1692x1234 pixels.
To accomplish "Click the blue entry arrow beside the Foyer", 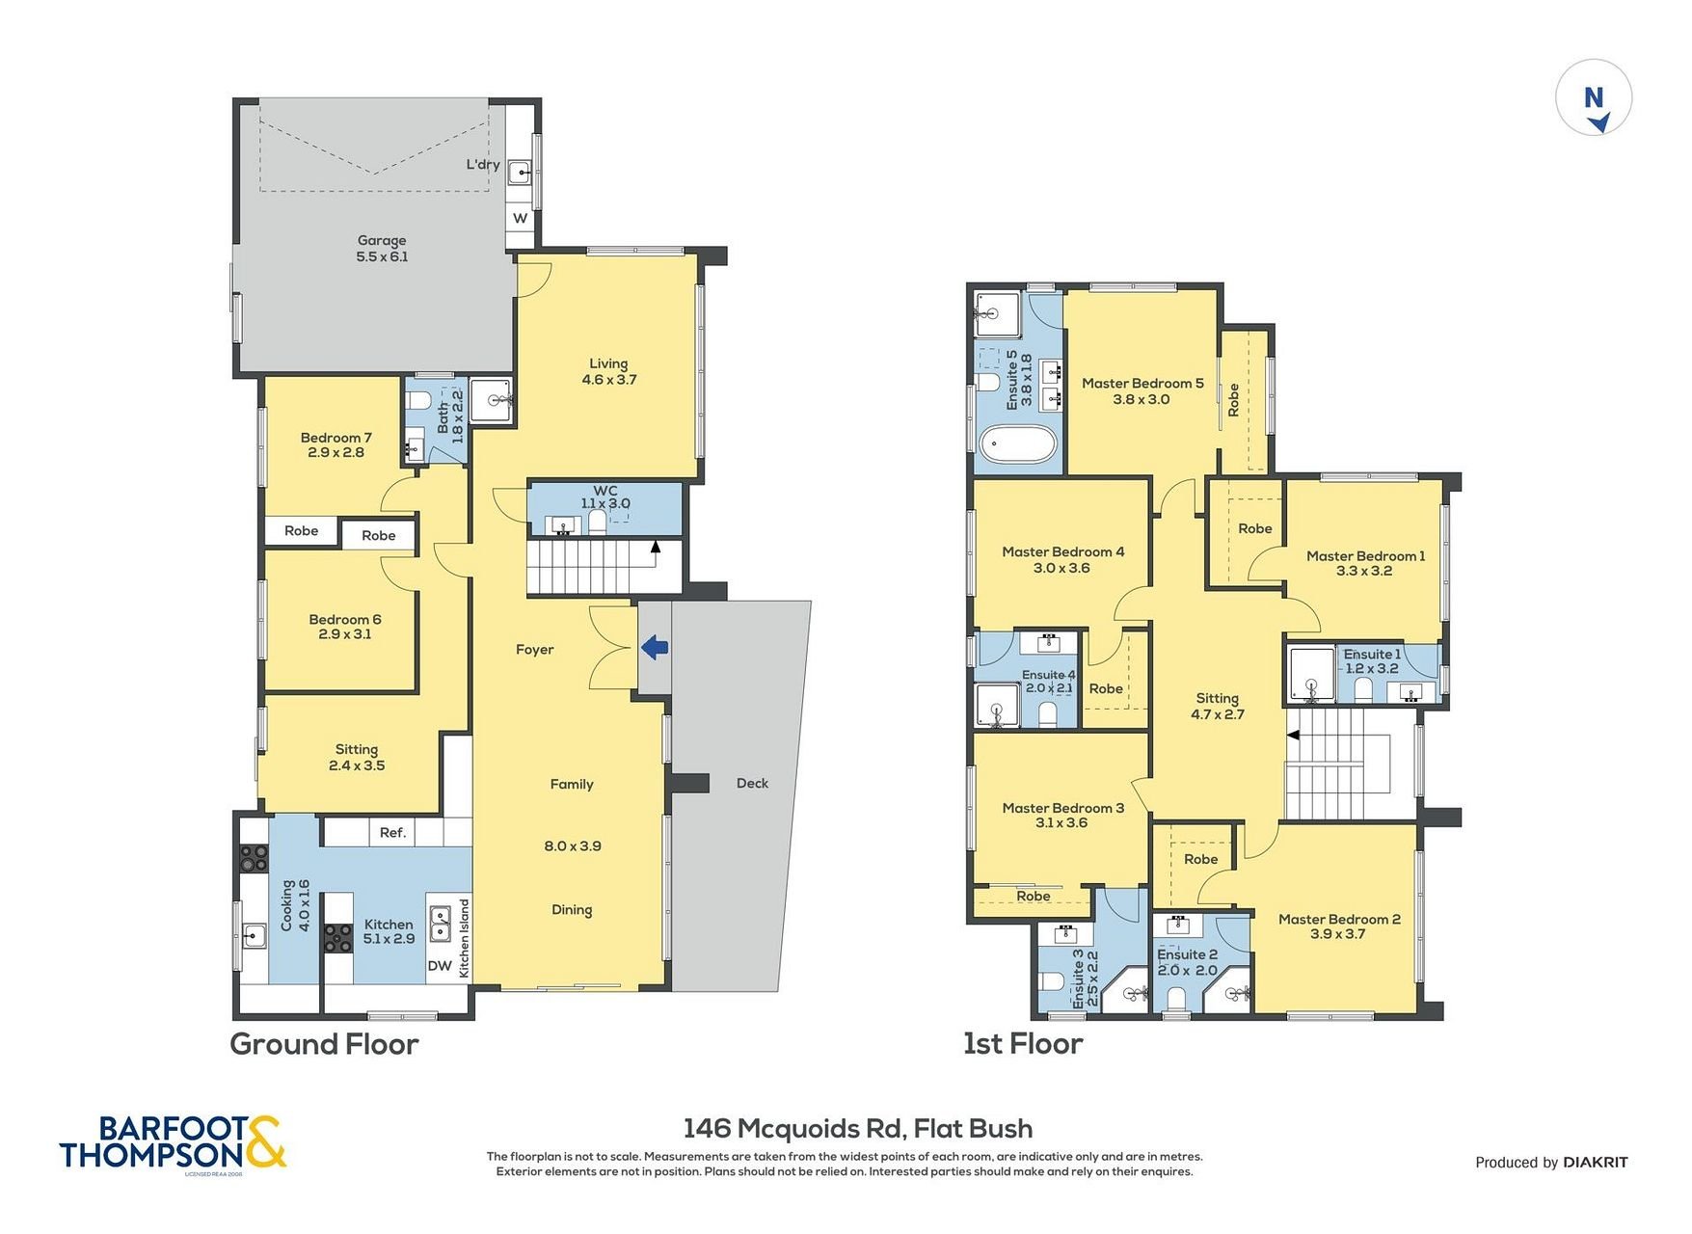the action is click(656, 647).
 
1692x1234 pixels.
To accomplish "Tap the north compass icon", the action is click(1594, 98).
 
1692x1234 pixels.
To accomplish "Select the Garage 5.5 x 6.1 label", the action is click(382, 249).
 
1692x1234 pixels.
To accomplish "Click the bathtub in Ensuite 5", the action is click(1018, 446).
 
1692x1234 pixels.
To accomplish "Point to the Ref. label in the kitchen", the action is click(392, 833).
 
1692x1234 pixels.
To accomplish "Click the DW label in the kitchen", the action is click(440, 966).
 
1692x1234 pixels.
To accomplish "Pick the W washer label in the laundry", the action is click(521, 218).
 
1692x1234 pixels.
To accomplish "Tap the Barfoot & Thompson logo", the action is click(173, 1144).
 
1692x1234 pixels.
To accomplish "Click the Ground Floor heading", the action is click(324, 1044).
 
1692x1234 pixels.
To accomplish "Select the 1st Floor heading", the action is click(1023, 1044).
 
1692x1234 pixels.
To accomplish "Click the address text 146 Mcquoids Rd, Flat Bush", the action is click(858, 1129).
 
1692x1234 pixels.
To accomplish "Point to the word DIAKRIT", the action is click(1596, 1163).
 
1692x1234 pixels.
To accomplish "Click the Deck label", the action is click(752, 784).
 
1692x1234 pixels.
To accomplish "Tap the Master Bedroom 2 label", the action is click(1339, 920).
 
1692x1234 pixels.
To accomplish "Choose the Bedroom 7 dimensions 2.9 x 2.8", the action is click(336, 452).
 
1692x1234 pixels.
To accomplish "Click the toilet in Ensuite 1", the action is click(1363, 688).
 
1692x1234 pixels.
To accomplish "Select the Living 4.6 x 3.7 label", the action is click(608, 372).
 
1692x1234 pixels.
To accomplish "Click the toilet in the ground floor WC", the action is click(597, 522).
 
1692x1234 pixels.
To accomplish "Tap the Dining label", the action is click(572, 910).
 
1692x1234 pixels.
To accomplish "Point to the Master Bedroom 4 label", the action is click(1062, 552).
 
